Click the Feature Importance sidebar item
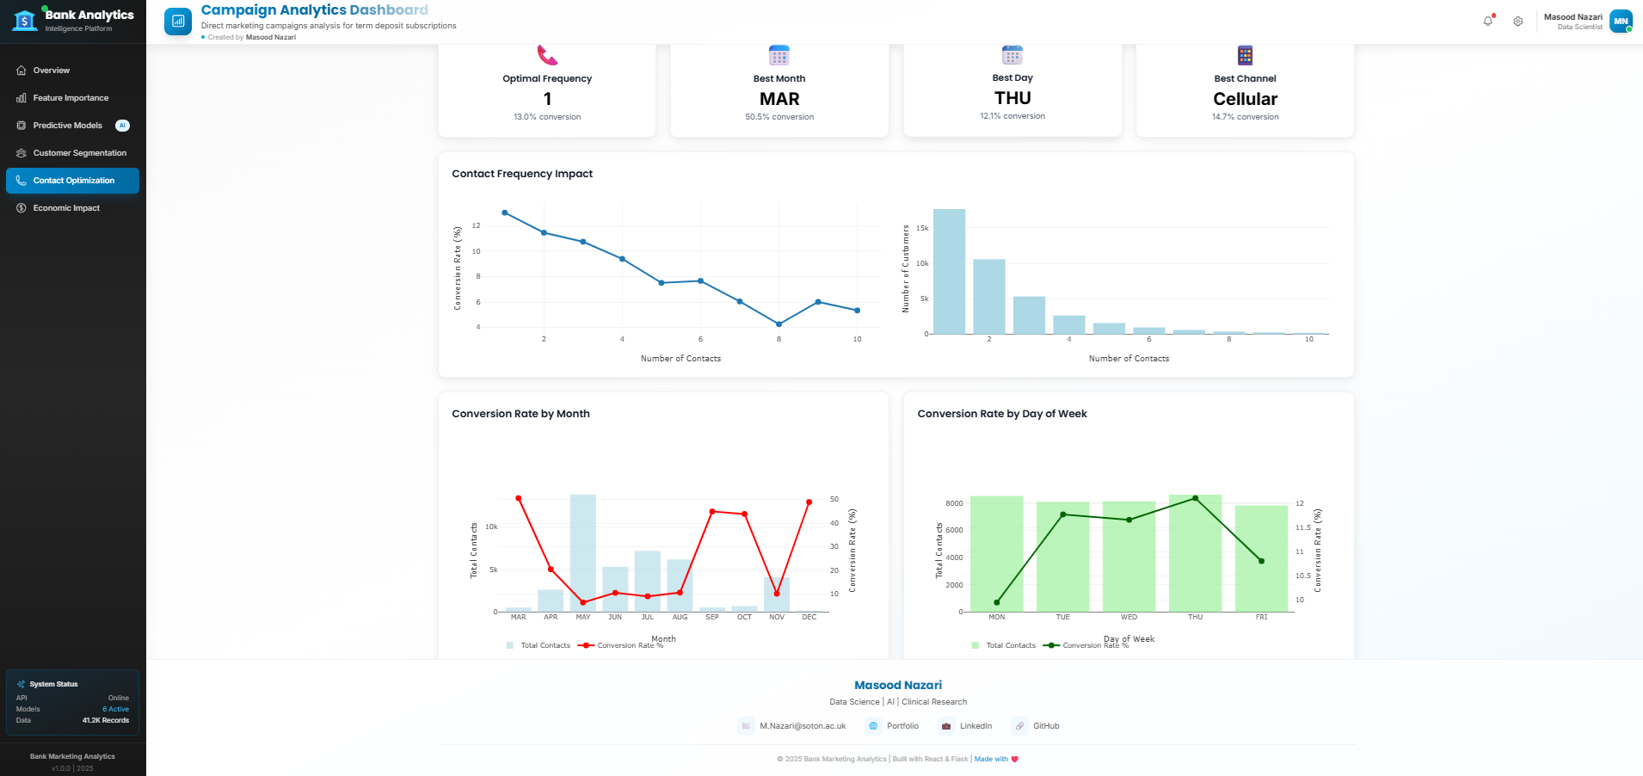click(x=71, y=98)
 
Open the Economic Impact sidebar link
click(x=66, y=208)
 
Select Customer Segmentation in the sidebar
click(x=79, y=153)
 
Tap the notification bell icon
click(x=1488, y=21)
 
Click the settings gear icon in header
click(x=1518, y=22)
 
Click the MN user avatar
click(x=1621, y=21)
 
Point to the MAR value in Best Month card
click(x=779, y=99)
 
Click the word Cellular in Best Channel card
click(x=1245, y=99)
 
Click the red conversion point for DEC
click(x=809, y=502)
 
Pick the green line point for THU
click(x=1195, y=498)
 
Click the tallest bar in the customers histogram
click(x=949, y=271)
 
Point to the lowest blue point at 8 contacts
click(x=778, y=324)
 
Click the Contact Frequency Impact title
click(x=522, y=174)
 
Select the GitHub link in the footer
click(x=1045, y=726)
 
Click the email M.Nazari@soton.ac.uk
click(x=803, y=726)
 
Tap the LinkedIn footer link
click(x=975, y=726)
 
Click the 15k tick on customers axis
click(x=922, y=228)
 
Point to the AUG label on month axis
click(x=680, y=617)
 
